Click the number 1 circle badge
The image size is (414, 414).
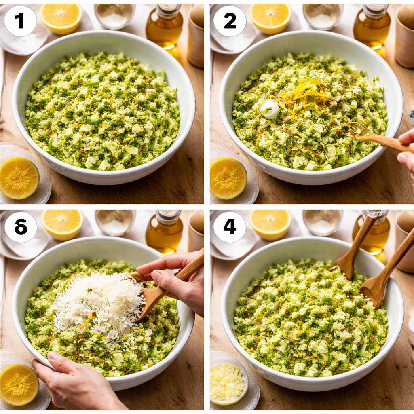pyautogui.click(x=20, y=21)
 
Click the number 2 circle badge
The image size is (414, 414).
pyautogui.click(x=230, y=21)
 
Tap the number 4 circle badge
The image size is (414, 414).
pyautogui.click(x=230, y=227)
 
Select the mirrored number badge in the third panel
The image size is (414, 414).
pyautogui.click(x=20, y=227)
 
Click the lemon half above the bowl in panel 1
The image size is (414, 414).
pyautogui.click(x=61, y=18)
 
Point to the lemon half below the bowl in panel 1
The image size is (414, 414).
pyautogui.click(x=19, y=178)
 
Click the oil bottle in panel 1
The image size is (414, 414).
pyautogui.click(x=164, y=27)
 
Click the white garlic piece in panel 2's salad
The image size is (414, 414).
pyautogui.click(x=270, y=109)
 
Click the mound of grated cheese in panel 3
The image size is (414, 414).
pyautogui.click(x=99, y=303)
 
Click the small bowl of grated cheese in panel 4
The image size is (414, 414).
pyautogui.click(x=229, y=382)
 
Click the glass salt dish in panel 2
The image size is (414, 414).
pyautogui.click(x=322, y=16)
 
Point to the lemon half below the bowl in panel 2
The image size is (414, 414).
pyautogui.click(x=228, y=178)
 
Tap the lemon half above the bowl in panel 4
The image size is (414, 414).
pyautogui.click(x=270, y=224)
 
